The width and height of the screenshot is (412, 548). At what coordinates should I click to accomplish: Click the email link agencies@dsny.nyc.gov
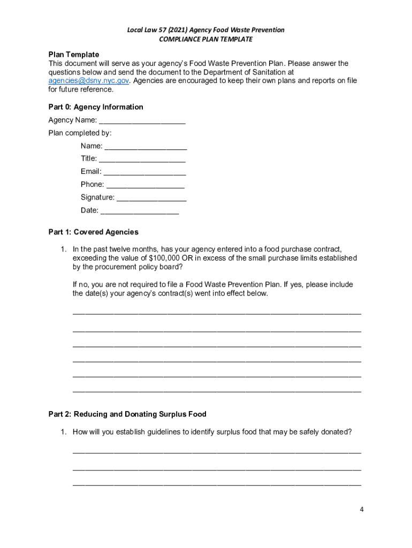click(89, 81)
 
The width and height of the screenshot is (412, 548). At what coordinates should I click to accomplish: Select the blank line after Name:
click(146, 146)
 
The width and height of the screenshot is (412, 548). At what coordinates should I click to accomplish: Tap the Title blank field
click(142, 159)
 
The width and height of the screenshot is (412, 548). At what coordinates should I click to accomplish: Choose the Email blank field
click(144, 172)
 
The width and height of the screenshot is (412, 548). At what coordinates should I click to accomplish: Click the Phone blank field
click(145, 185)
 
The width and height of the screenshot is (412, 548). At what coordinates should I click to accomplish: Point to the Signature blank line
click(151, 197)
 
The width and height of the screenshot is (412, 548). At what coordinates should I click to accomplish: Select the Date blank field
click(140, 211)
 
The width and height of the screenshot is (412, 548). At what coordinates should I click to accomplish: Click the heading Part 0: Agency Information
click(96, 107)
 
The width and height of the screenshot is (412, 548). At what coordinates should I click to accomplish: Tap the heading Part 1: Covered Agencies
click(93, 232)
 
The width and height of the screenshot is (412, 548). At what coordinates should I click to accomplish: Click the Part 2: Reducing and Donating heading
click(127, 414)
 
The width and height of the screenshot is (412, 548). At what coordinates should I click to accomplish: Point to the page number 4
click(362, 509)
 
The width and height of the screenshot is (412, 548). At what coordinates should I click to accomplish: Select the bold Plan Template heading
click(74, 55)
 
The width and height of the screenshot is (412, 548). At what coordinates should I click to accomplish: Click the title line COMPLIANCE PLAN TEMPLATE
click(205, 39)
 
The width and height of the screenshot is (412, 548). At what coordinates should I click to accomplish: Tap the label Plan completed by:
click(80, 133)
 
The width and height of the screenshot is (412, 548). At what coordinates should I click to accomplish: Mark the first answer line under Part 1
click(217, 311)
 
